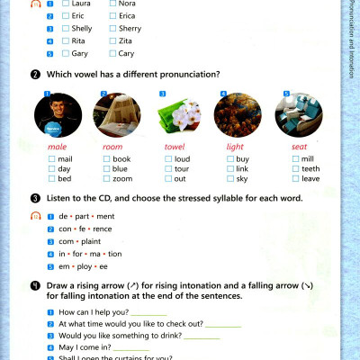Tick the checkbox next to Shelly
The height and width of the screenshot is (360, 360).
click(67, 28)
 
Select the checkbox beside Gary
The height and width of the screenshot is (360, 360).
click(67, 53)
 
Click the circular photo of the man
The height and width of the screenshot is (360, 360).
click(58, 114)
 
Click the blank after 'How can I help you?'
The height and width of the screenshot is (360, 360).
click(149, 312)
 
